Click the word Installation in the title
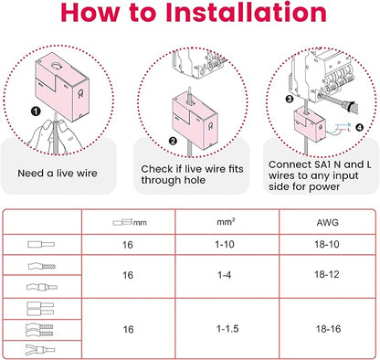pos(246,12)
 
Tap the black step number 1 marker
pos(36,111)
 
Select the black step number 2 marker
pos(173,141)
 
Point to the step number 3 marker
pos(290,99)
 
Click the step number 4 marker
pos(360,127)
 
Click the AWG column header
pos(327,222)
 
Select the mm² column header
pos(226,222)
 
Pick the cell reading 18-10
pos(327,244)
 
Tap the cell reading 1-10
pos(225,244)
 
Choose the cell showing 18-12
pos(327,274)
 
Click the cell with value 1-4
pos(225,275)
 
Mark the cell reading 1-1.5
pos(227,329)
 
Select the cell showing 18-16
pos(328,329)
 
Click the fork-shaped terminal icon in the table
pos(40,350)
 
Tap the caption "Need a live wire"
pos(58,174)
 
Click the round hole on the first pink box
pos(57,65)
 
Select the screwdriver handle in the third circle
pos(350,106)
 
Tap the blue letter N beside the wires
pos(349,125)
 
